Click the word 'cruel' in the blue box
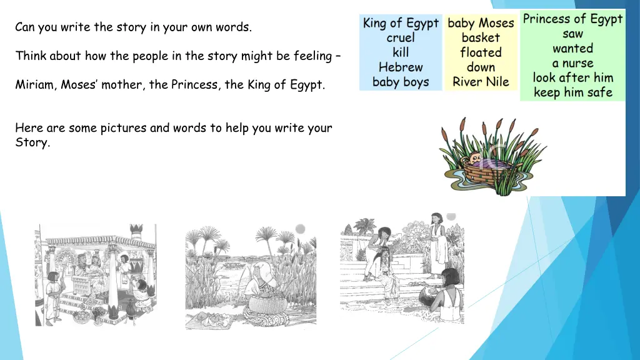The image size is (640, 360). click(x=401, y=38)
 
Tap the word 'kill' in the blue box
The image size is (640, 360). click(x=401, y=52)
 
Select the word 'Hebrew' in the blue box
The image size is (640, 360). click(x=401, y=67)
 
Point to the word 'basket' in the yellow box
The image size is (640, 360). click(x=481, y=38)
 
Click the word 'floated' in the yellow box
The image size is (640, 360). click(x=481, y=52)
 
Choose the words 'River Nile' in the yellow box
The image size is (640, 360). click(x=481, y=82)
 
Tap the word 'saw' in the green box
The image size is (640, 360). click(x=572, y=34)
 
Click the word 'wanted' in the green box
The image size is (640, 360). click(x=572, y=48)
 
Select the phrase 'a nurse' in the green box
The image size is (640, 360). click(x=572, y=63)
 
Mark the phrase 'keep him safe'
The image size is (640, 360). click(x=572, y=92)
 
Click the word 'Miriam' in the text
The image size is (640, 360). click(x=35, y=85)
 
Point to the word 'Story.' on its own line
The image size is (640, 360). click(x=32, y=142)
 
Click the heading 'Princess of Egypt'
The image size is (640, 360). click(x=572, y=19)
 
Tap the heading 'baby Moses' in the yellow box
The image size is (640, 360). click(x=481, y=24)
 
